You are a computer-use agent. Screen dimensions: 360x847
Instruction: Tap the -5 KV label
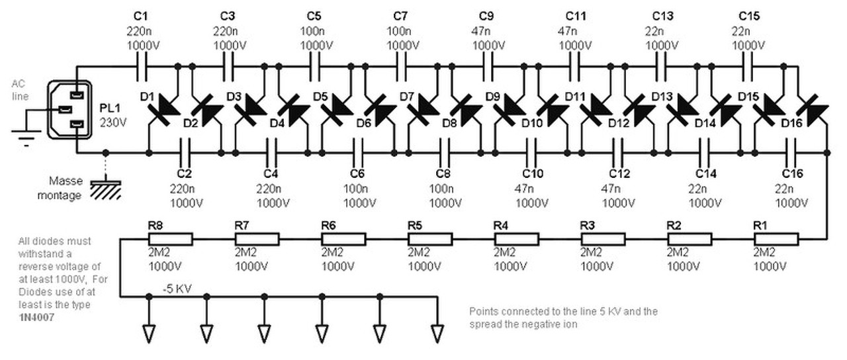click(178, 289)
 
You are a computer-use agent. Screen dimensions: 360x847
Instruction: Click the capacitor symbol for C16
click(791, 153)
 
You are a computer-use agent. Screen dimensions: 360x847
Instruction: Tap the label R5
click(415, 226)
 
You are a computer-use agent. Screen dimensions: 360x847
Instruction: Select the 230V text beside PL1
click(112, 122)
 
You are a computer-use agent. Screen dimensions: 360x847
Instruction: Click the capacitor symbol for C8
click(445, 153)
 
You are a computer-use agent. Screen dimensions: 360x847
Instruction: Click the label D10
click(533, 124)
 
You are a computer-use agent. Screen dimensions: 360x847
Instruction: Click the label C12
click(619, 174)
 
